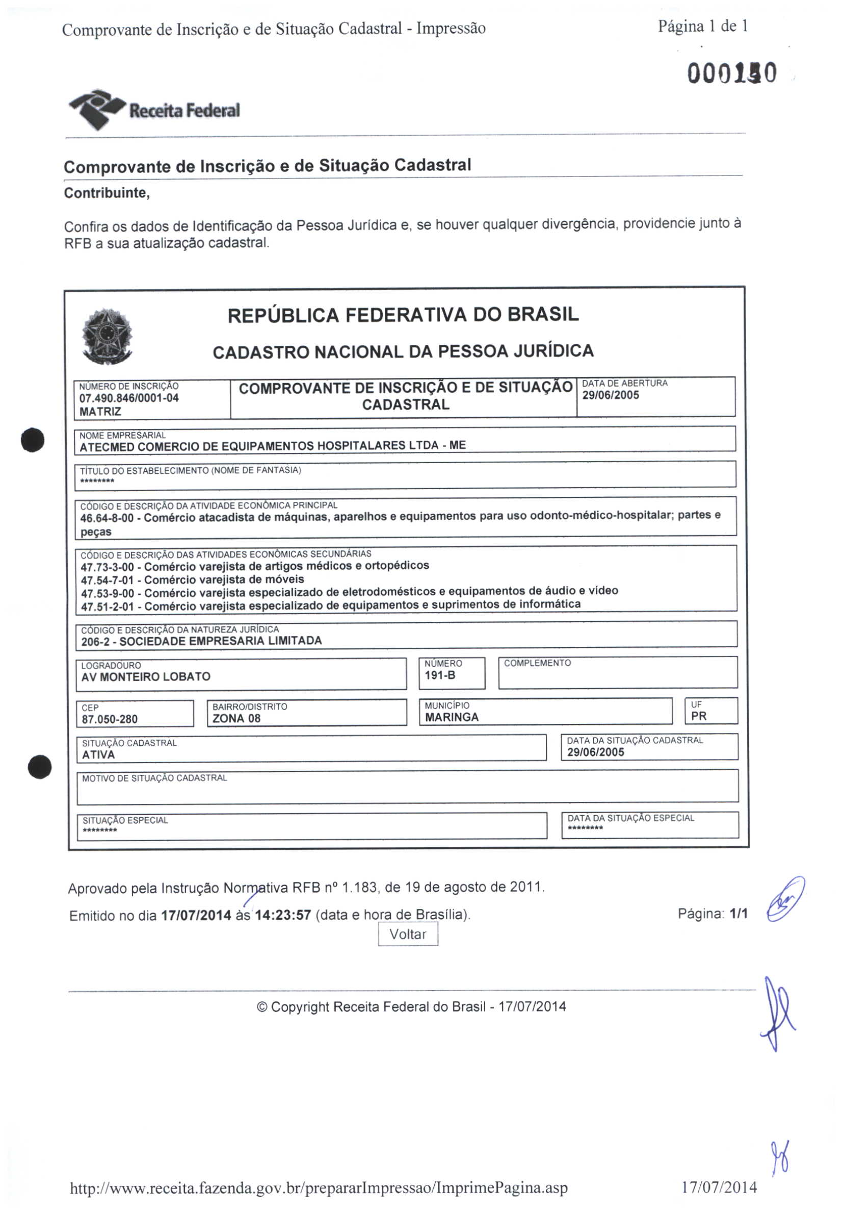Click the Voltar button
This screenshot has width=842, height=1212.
pyautogui.click(x=408, y=934)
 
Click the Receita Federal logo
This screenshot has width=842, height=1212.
pyautogui.click(x=154, y=109)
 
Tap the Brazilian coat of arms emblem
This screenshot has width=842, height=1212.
pyautogui.click(x=107, y=336)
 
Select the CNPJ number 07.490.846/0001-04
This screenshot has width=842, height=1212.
pyautogui.click(x=129, y=398)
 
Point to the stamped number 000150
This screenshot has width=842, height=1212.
pyautogui.click(x=731, y=73)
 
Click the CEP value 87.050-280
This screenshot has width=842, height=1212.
pyautogui.click(x=110, y=719)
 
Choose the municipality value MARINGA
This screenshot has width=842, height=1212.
pyautogui.click(x=452, y=717)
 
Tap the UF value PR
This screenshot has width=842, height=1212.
pyautogui.click(x=698, y=716)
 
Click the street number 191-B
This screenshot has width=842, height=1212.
pyautogui.click(x=440, y=675)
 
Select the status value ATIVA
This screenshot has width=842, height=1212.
pyautogui.click(x=99, y=754)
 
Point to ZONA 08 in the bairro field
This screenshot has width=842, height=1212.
pyautogui.click(x=236, y=718)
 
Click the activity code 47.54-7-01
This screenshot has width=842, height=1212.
pyautogui.click(x=108, y=580)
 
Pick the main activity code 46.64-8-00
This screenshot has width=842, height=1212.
pyautogui.click(x=107, y=518)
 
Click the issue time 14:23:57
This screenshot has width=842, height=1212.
pyautogui.click(x=283, y=915)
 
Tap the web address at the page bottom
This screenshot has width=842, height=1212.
pyautogui.click(x=319, y=1188)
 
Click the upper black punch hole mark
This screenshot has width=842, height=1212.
pyautogui.click(x=33, y=439)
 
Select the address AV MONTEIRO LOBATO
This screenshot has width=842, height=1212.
pyautogui.click(x=146, y=676)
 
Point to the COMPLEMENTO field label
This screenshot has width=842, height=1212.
pyautogui.click(x=537, y=663)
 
